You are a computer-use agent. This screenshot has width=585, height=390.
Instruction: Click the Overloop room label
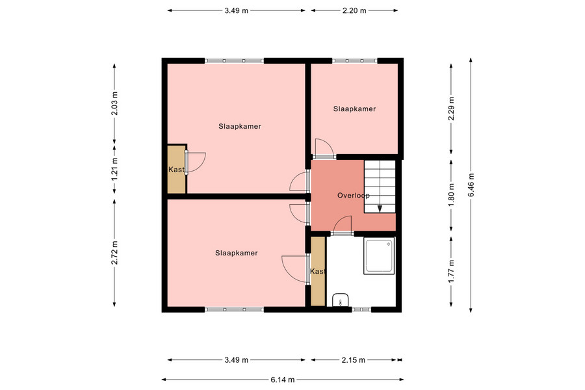tap(354, 195)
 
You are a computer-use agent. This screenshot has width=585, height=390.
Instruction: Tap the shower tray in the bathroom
tap(379, 256)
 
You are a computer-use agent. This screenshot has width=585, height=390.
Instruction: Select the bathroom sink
tap(340, 300)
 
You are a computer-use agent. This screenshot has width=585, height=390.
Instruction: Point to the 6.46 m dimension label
tap(471, 185)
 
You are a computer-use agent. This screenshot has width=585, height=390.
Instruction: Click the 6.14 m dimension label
tap(283, 380)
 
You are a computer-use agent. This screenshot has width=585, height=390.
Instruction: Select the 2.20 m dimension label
tap(354, 10)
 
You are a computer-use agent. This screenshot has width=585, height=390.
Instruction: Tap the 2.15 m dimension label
tap(354, 359)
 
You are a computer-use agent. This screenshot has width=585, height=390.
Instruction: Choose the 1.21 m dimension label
tap(114, 169)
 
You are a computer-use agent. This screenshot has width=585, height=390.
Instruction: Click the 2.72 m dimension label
tap(114, 253)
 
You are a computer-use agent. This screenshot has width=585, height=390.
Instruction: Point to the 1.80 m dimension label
tap(452, 195)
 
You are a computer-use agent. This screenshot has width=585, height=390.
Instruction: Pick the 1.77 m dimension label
tap(452, 271)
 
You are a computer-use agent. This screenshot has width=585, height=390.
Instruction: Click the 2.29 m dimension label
tap(452, 109)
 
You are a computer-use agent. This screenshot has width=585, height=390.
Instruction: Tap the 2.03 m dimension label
tap(114, 103)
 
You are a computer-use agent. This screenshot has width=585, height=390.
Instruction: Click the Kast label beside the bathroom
tap(318, 271)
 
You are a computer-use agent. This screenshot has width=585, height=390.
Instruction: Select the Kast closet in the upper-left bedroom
tap(176, 170)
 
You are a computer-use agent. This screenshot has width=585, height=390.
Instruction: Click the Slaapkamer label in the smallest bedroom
tap(354, 109)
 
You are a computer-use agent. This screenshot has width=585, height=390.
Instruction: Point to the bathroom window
tap(361, 309)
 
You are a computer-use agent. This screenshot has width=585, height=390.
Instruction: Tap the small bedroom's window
tap(354, 60)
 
